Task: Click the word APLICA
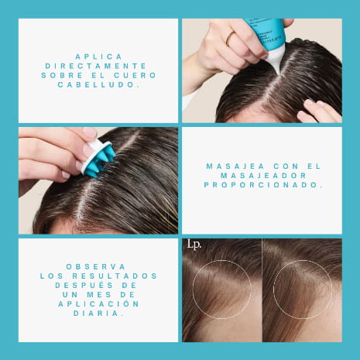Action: (98, 57)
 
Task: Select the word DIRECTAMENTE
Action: (96, 66)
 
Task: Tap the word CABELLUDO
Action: (98, 84)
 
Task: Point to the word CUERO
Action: (135, 75)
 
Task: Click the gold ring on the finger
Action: (230, 39)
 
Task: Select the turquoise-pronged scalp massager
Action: (98, 158)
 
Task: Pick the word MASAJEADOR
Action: (263, 176)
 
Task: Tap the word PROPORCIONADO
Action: (263, 185)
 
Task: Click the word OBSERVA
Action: (96, 266)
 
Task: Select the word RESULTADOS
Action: (115, 276)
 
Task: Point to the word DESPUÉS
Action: (84, 285)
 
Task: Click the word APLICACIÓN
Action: (98, 303)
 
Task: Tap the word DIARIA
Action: (98, 313)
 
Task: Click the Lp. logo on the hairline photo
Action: (194, 245)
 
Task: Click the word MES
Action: (99, 294)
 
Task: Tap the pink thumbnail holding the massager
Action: (90, 132)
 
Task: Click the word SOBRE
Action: (62, 75)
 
